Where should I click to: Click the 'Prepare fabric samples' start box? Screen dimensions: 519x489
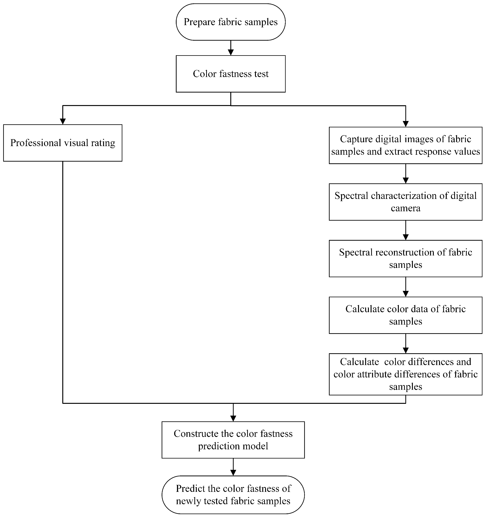click(230, 22)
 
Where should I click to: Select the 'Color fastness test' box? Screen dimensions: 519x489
click(230, 74)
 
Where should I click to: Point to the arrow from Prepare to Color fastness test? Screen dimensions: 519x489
click(230, 48)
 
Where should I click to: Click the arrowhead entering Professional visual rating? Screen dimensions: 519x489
click(63, 121)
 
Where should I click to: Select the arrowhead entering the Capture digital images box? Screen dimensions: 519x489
click(406, 124)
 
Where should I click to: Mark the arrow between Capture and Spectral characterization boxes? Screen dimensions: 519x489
click(406, 174)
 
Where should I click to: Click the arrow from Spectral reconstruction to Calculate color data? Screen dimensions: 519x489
click(406, 287)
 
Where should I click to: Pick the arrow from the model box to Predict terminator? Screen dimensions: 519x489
click(233, 467)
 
